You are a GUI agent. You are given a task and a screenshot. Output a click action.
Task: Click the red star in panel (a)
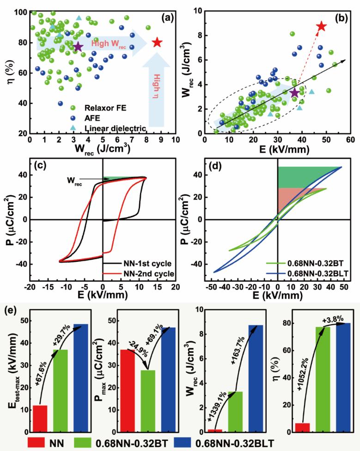coord(157,43)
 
